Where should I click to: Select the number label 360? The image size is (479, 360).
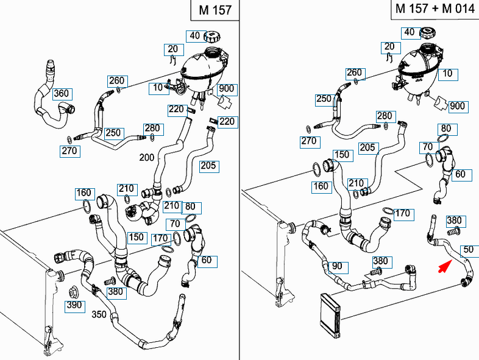[x=62, y=94]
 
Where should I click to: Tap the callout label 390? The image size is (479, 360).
[x=74, y=305]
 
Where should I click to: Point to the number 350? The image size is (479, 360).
[x=99, y=314]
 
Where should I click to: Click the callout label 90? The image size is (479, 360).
[x=336, y=266]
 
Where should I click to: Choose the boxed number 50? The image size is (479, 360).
[x=468, y=249]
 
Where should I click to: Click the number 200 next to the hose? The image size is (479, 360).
[x=146, y=157]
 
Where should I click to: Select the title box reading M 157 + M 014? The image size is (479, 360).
[x=433, y=9]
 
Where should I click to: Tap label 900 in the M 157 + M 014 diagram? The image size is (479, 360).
[x=456, y=106]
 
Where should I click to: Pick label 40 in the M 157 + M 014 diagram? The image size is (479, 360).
[x=410, y=32]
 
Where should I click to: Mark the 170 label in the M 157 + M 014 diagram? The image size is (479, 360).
[x=402, y=213]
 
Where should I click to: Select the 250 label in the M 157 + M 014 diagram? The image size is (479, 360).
[x=324, y=99]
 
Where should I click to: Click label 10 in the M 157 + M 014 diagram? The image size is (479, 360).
[x=447, y=74]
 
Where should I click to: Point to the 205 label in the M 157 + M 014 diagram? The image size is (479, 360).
[x=367, y=147]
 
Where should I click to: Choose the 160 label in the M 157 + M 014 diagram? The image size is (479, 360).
[x=321, y=186]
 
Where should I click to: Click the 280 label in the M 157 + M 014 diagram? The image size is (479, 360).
[x=385, y=116]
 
